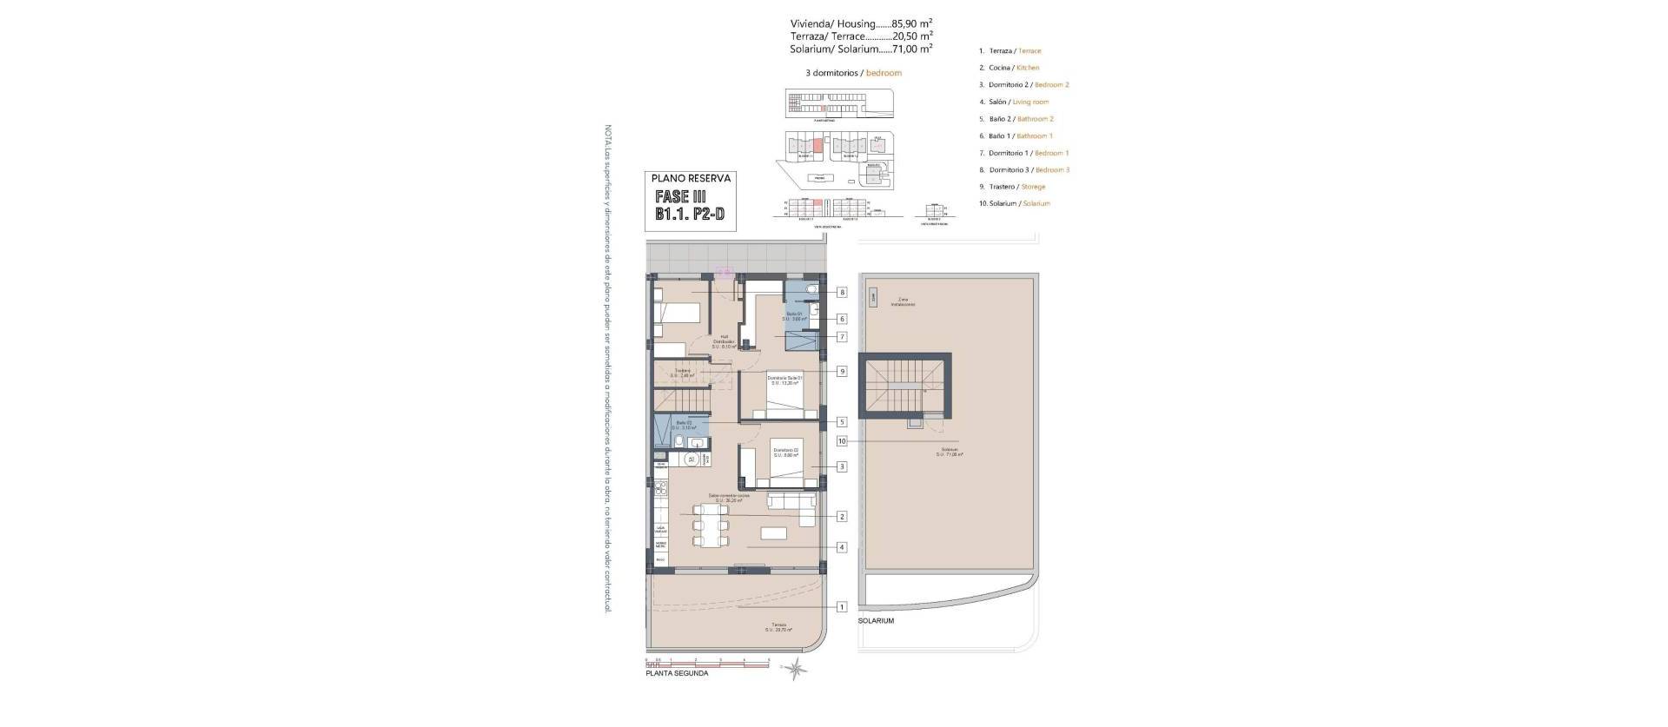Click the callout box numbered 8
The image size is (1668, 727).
coord(842,293)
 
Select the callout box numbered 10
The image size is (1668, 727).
coord(842,441)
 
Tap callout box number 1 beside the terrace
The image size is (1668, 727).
coord(842,607)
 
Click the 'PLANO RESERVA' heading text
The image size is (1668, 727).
coord(691,178)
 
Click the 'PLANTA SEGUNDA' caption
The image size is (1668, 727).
coord(677,673)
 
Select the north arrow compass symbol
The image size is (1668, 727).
coord(794,667)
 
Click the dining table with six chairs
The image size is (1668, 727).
coord(711,526)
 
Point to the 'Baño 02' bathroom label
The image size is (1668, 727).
coord(684,426)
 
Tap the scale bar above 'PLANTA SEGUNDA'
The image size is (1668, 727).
coord(708,663)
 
